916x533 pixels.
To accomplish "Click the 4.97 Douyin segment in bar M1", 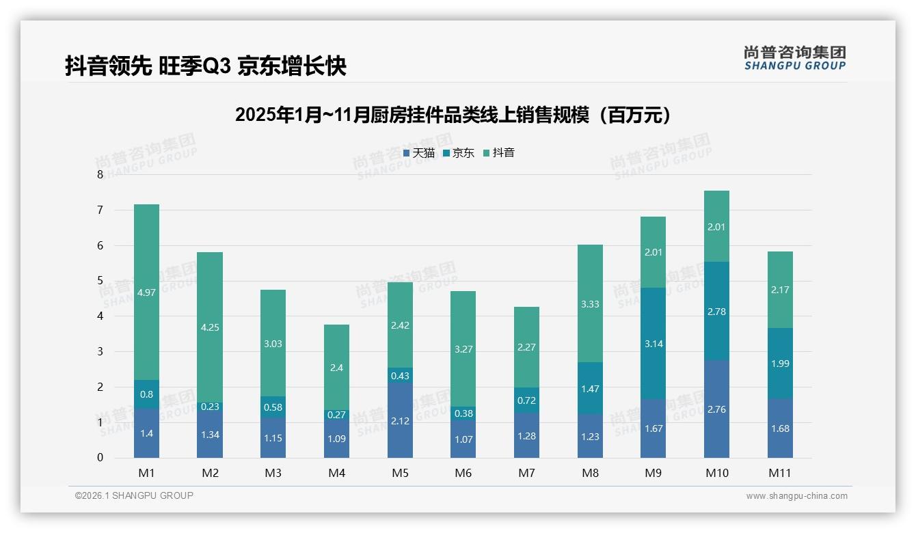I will [x=146, y=292].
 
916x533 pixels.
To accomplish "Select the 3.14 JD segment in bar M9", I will [x=653, y=344].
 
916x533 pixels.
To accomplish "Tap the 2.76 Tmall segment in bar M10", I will [x=716, y=409].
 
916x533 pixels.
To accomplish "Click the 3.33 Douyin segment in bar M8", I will [x=590, y=303].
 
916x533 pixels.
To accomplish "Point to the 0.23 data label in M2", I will [x=210, y=406].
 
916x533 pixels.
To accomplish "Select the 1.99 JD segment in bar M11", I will [x=780, y=364].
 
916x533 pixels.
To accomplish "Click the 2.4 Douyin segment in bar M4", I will [x=336, y=368].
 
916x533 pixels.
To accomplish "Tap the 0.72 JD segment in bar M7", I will [x=526, y=400].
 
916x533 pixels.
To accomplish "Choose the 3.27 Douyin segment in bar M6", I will [x=463, y=349].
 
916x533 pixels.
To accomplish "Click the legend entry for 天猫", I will [x=418, y=153].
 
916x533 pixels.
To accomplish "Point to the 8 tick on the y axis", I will [x=100, y=175].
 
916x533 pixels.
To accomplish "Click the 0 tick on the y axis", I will [x=100, y=458].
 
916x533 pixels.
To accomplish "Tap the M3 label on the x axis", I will [x=273, y=473].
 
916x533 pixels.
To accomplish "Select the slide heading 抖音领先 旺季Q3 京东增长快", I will [x=206, y=66].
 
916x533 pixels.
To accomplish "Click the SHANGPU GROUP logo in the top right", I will [x=794, y=58].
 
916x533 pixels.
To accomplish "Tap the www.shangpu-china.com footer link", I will [x=796, y=496].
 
